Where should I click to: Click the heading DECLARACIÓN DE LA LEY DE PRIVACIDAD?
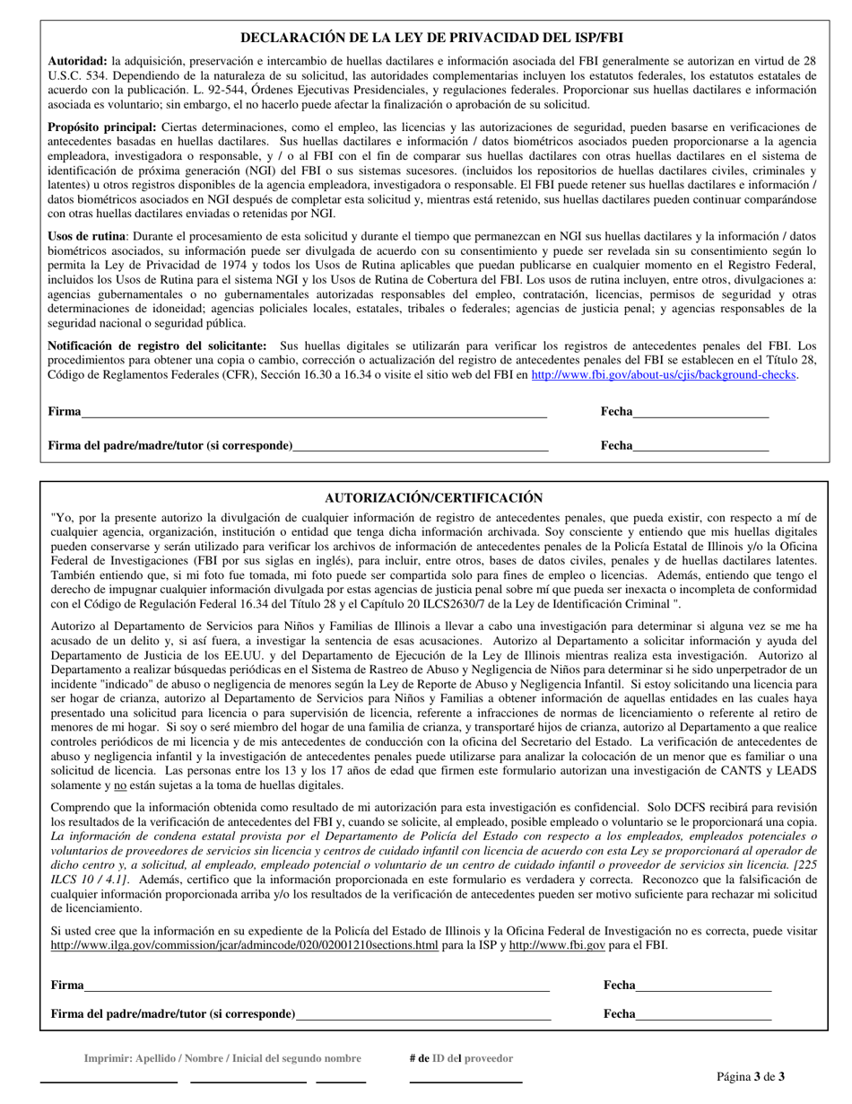click(432, 38)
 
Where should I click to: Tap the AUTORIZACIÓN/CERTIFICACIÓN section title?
click(433, 497)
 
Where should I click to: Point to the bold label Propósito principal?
click(101, 127)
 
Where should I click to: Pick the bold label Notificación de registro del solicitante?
click(157, 346)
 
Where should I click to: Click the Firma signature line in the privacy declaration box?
click(314, 412)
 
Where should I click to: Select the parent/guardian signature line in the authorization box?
click(422, 1014)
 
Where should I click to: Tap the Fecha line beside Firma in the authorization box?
click(703, 986)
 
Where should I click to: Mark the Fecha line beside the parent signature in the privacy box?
click(700, 445)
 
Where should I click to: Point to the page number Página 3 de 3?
click(751, 1076)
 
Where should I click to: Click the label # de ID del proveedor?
click(461, 1058)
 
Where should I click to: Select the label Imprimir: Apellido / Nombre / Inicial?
click(222, 1058)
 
